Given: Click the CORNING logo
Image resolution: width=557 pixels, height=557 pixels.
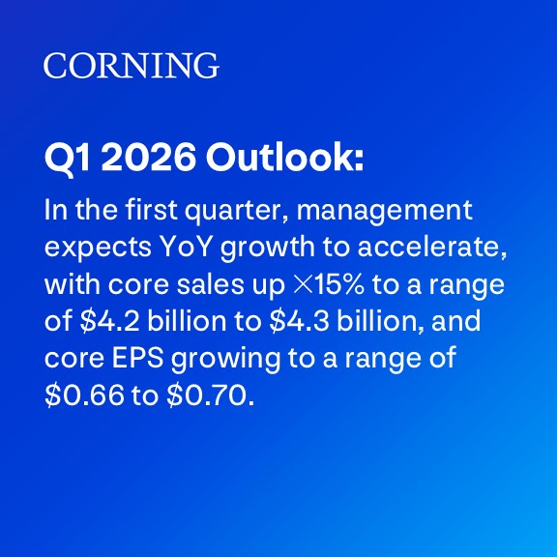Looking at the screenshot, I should tap(131, 66).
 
